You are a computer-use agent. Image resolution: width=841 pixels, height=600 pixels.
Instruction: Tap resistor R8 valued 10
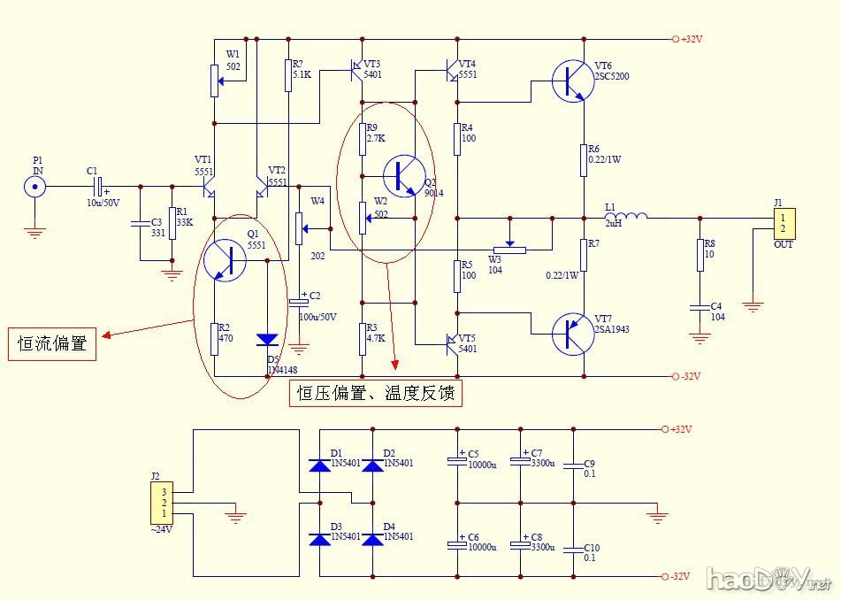[700, 256]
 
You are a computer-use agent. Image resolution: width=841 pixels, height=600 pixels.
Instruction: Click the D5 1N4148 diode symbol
[267, 340]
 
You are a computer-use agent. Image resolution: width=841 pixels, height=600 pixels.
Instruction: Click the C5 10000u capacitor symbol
[457, 462]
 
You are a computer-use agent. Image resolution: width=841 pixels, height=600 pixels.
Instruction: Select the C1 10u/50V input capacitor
[98, 187]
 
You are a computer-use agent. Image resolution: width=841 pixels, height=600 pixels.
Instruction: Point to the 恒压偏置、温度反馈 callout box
[376, 393]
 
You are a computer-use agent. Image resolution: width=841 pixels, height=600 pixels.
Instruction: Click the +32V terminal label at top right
[690, 39]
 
